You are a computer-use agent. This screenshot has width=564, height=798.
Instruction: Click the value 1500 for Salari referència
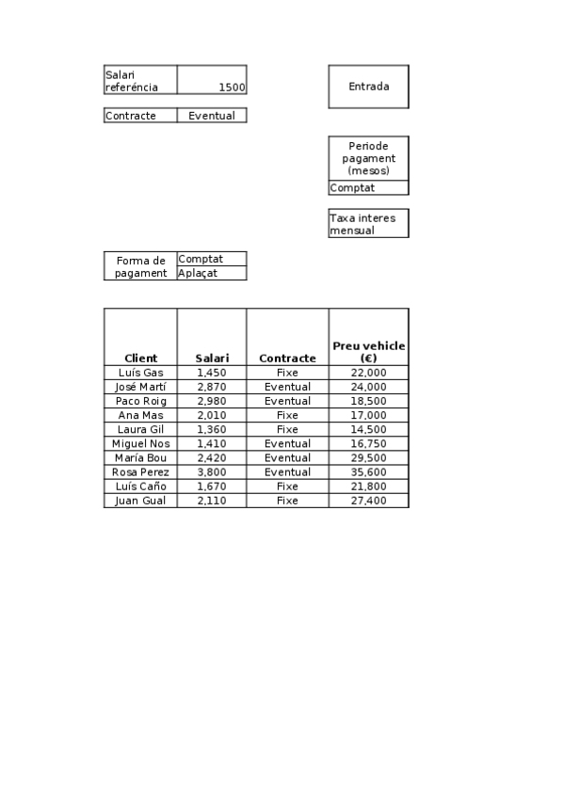231,88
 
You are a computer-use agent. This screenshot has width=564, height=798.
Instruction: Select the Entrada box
368,87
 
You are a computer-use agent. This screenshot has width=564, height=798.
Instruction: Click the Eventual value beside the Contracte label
212,116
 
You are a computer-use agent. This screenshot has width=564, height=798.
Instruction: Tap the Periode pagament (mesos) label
368,158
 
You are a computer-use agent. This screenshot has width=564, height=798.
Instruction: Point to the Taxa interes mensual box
368,223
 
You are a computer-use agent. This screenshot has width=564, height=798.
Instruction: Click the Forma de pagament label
140,266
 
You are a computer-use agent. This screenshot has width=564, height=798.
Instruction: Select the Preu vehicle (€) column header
368,352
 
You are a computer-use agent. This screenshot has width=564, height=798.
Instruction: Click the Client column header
140,359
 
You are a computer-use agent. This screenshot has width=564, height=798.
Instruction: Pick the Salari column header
212,359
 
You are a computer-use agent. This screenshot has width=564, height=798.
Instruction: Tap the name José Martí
140,387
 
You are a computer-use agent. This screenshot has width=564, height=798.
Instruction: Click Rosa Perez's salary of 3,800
212,472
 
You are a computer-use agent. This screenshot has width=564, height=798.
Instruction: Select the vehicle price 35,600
368,472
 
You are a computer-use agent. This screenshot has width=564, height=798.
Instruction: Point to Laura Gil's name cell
140,429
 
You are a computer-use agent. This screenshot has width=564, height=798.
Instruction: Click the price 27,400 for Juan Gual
368,501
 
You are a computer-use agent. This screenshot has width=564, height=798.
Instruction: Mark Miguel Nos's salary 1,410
212,443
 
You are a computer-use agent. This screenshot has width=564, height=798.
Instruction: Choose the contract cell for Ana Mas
287,415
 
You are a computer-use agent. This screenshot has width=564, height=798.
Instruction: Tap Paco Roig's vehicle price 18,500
368,401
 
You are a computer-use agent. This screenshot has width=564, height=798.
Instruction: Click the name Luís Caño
140,487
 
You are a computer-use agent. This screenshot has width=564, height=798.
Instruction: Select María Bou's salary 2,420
212,458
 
